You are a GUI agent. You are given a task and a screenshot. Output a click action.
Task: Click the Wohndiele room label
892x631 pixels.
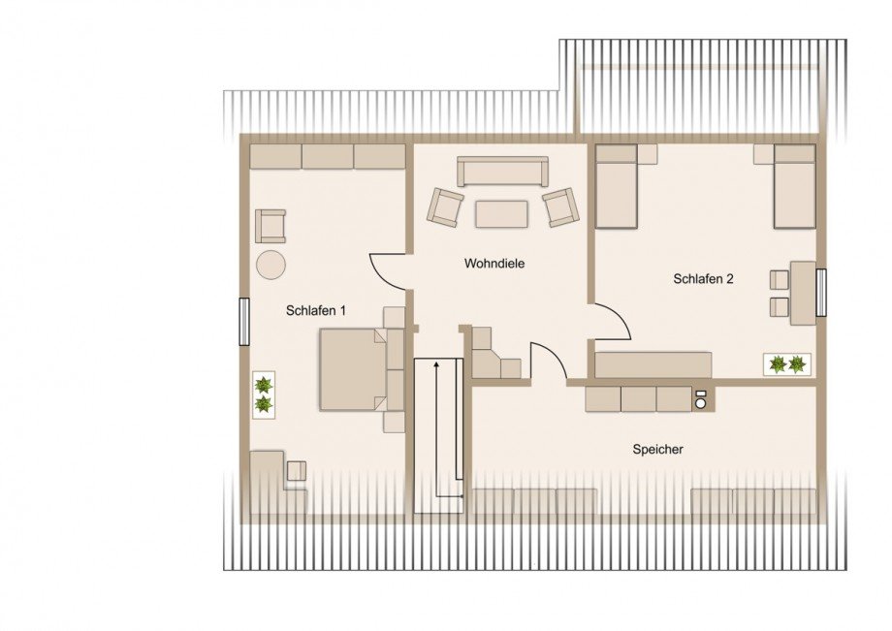494,264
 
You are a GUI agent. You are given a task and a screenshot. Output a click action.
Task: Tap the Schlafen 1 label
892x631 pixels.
316,310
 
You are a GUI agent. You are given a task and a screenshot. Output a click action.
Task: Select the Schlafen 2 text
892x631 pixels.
703,278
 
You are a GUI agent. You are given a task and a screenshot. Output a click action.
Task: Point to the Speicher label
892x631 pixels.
657,449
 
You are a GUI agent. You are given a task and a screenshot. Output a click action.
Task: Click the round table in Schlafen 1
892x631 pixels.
271,265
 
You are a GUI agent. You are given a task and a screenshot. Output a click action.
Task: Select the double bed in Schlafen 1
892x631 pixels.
362,369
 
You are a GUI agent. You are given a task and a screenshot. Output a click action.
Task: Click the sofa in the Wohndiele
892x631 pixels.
502,172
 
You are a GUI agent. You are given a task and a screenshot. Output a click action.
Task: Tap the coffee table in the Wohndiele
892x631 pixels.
502,214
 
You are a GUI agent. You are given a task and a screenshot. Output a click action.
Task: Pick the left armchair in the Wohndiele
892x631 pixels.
445,206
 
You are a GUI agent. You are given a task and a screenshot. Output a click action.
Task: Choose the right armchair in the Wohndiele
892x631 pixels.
561,206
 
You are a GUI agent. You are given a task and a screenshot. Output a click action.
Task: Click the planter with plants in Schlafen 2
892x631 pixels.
787,363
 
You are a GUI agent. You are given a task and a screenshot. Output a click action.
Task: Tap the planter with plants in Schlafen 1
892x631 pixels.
264,395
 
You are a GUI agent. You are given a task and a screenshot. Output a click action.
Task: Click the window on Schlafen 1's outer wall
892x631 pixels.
243,322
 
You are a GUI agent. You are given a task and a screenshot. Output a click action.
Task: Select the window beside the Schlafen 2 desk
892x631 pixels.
820,293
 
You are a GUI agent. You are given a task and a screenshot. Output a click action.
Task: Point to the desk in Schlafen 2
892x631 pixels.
803,293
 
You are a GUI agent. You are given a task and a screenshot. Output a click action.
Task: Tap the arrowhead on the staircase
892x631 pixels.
436,364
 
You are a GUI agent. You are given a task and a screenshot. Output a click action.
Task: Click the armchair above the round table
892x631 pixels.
271,226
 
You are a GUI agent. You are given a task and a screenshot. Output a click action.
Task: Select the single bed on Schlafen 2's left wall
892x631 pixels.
616,186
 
